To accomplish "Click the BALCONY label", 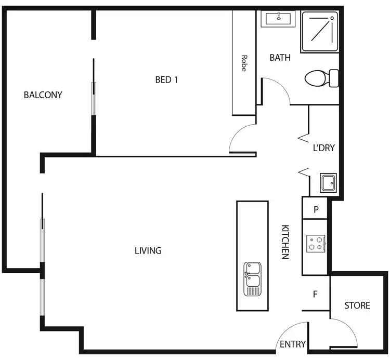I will [x=43, y=95].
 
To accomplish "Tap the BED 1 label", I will [x=167, y=79].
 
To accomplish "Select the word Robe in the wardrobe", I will [x=243, y=63].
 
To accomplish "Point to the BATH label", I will [x=280, y=58].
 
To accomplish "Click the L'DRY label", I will [x=323, y=148].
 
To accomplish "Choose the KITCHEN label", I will [x=285, y=242].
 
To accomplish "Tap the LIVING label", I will [x=148, y=250].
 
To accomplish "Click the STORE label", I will [x=357, y=305].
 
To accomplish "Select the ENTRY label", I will [x=292, y=344].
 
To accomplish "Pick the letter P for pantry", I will [x=316, y=210].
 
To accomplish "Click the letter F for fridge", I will [x=315, y=294].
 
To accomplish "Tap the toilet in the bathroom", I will [x=321, y=79].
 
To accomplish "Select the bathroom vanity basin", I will [x=280, y=19].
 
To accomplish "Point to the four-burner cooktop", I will [x=315, y=243].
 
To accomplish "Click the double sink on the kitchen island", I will [x=252, y=278].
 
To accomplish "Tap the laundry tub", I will [x=328, y=183].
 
